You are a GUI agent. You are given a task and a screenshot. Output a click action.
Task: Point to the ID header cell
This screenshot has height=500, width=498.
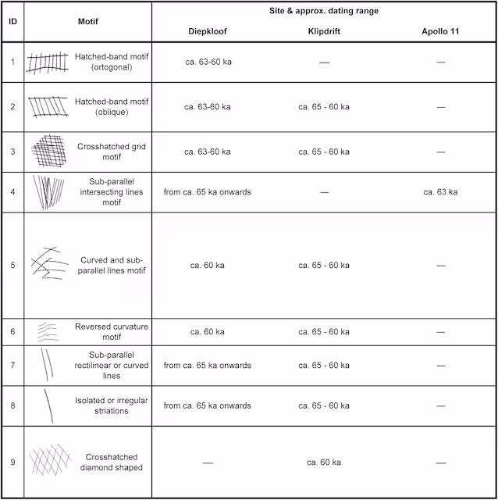(x=12, y=22)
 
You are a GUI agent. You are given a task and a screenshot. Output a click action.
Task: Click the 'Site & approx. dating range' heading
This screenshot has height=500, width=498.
(x=324, y=11)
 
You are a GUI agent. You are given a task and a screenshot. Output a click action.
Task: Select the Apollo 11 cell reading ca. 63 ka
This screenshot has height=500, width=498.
(x=440, y=192)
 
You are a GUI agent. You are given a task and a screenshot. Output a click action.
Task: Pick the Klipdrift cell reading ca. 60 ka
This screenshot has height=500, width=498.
(x=323, y=462)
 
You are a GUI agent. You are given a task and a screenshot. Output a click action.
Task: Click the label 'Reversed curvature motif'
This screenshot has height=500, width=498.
(x=112, y=332)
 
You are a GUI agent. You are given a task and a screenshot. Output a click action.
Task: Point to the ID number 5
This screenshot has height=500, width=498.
(x=12, y=265)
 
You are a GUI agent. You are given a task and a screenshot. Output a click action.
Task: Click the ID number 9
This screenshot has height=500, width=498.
(x=12, y=462)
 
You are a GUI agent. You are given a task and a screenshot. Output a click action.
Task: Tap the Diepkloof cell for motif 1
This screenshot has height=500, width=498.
(x=207, y=62)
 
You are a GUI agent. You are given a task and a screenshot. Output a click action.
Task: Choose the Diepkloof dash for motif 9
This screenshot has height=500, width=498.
(x=207, y=463)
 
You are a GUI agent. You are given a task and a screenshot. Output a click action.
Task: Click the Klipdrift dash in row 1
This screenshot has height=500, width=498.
(x=323, y=62)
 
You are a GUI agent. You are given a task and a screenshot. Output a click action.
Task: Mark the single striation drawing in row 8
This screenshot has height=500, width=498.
(x=49, y=405)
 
